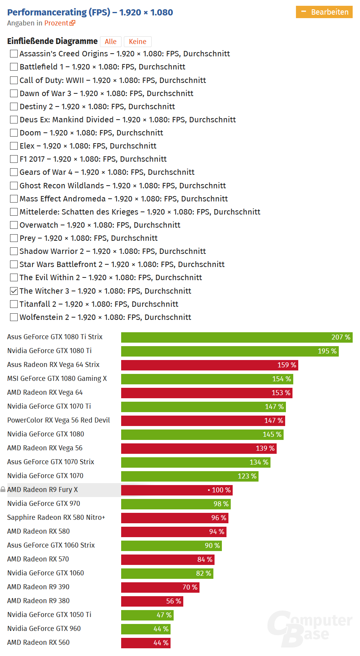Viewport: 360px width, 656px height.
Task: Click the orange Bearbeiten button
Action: point(324,12)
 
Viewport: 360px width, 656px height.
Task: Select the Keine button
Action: point(137,42)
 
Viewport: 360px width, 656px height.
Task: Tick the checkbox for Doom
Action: point(14,133)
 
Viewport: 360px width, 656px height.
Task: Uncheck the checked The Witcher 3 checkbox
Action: point(14,291)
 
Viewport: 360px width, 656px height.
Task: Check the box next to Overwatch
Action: point(14,225)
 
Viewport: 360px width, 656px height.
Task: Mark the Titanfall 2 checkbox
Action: point(14,304)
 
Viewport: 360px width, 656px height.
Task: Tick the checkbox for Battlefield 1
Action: point(14,67)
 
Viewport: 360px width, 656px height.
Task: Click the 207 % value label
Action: point(341,337)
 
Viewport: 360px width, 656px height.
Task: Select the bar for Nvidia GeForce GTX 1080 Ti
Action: point(230,351)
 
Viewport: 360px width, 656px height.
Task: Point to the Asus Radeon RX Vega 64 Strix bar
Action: point(209,365)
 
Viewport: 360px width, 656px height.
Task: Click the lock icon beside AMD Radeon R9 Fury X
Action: point(3,490)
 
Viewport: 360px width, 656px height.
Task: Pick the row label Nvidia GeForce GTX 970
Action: point(44,504)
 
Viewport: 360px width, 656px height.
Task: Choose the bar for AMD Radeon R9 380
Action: point(152,601)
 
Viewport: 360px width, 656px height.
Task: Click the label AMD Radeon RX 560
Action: point(38,642)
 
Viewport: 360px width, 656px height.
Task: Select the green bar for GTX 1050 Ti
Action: point(147,615)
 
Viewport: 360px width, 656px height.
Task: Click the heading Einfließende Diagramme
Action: point(52,41)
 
